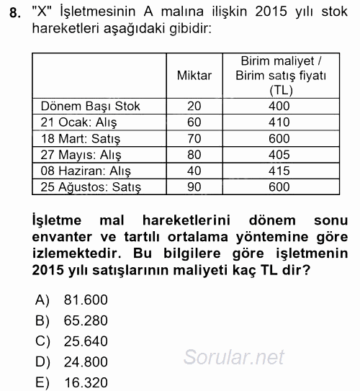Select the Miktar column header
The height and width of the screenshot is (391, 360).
(x=194, y=75)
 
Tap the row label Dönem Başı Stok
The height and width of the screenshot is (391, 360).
(x=91, y=107)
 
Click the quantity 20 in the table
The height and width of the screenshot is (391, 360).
(x=194, y=107)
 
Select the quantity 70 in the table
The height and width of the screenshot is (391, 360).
(x=194, y=139)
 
